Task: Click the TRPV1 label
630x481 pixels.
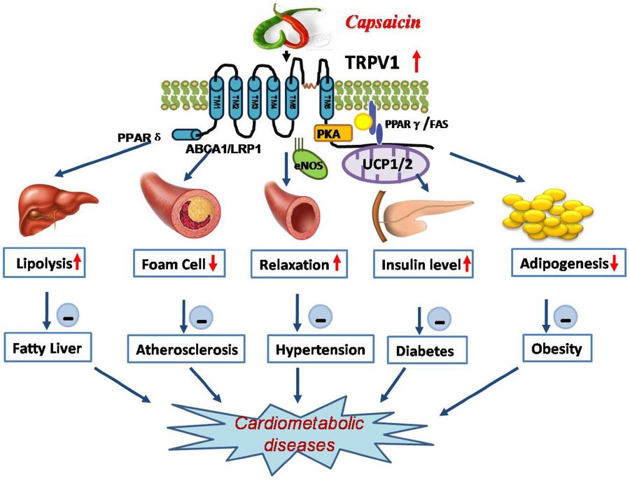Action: [375, 63]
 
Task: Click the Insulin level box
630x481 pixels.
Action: [423, 266]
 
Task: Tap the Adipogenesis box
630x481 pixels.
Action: [564, 265]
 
